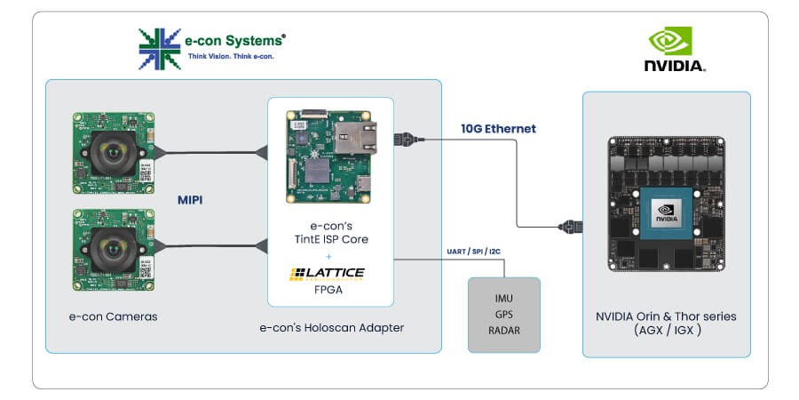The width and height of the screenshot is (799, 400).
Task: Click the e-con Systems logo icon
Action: coord(159,48)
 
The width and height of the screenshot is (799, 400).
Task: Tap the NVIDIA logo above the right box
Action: coord(674,49)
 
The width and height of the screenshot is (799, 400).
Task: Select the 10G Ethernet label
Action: coord(498,129)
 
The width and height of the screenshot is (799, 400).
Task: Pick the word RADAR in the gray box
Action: coord(503,330)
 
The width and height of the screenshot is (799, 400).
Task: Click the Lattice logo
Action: coord(326,273)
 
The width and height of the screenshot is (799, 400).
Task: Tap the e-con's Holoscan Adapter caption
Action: coord(331,327)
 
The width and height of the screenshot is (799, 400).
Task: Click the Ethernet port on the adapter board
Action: coord(351,141)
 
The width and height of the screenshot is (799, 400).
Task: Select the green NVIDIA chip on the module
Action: coord(667,212)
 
